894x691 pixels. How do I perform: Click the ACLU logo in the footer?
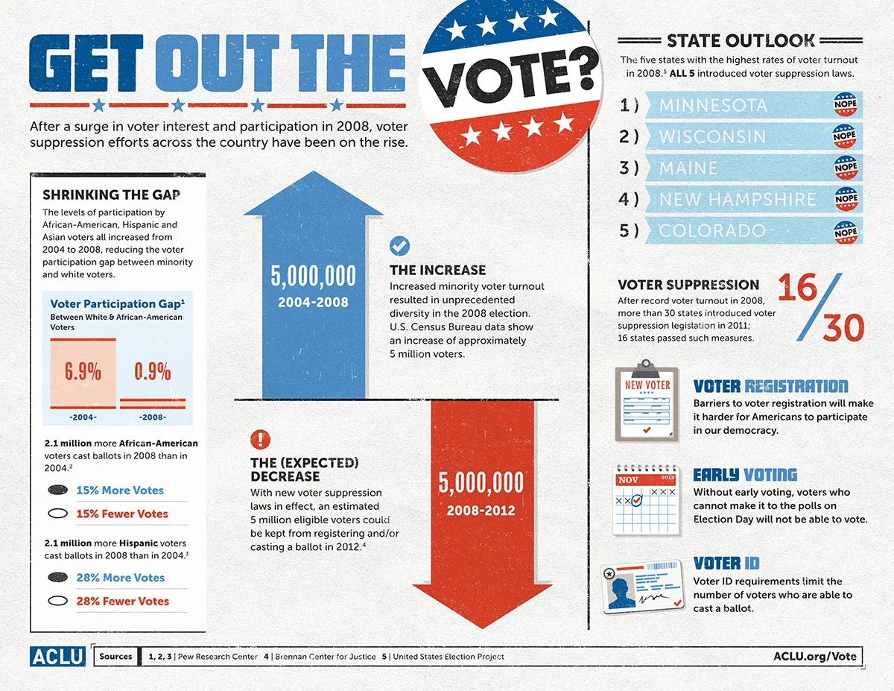[59, 657]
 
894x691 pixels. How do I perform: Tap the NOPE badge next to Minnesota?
[846, 105]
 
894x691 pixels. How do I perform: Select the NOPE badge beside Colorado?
[846, 231]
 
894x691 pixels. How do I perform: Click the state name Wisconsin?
[712, 137]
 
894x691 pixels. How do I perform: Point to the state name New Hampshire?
[738, 200]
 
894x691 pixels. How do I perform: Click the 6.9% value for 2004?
[83, 371]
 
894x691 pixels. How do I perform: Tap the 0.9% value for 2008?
[153, 371]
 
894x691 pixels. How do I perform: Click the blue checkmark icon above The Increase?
[400, 245]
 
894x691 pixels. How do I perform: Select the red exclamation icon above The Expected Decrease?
[261, 439]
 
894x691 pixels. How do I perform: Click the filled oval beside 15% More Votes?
[57, 490]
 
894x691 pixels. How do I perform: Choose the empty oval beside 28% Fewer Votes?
[57, 601]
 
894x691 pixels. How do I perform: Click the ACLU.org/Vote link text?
[814, 657]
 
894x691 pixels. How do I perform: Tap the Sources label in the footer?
[115, 657]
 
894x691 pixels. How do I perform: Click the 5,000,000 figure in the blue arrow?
[313, 277]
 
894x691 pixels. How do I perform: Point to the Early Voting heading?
[745, 475]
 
